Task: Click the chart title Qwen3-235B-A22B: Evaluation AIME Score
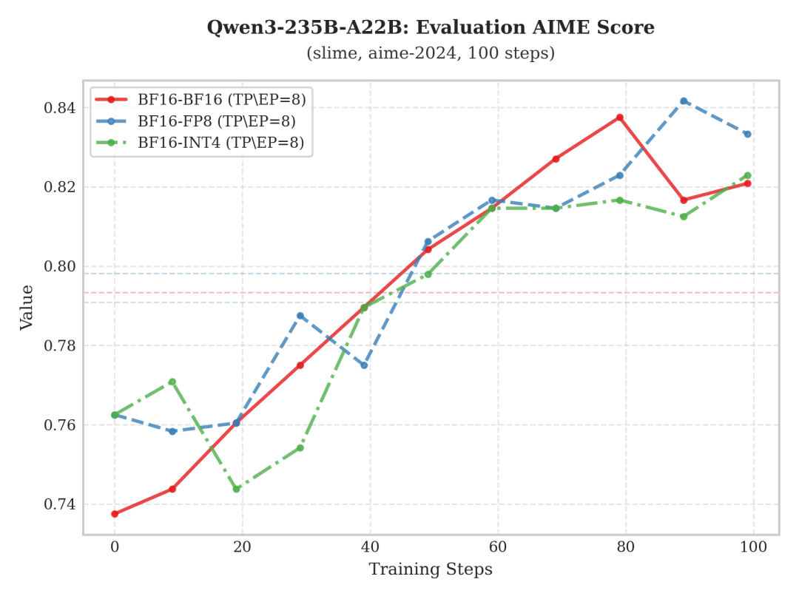(x=431, y=28)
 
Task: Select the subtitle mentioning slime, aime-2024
(x=431, y=53)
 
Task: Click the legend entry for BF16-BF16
(x=221, y=98)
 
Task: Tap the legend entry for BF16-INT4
(x=220, y=143)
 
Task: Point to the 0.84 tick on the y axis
(x=60, y=108)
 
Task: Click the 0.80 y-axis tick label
(x=60, y=266)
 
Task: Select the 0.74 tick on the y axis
(x=60, y=504)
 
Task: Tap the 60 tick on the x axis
(x=498, y=546)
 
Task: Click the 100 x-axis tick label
(x=753, y=546)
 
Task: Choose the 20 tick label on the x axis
(x=242, y=546)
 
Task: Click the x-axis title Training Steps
(x=431, y=569)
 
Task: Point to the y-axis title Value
(x=27, y=307)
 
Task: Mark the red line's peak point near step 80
(x=620, y=118)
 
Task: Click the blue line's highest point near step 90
(x=684, y=101)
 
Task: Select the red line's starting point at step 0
(x=115, y=514)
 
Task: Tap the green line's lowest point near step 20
(x=237, y=489)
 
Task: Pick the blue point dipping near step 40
(x=364, y=365)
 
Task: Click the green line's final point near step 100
(x=747, y=175)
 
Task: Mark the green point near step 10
(x=172, y=382)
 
